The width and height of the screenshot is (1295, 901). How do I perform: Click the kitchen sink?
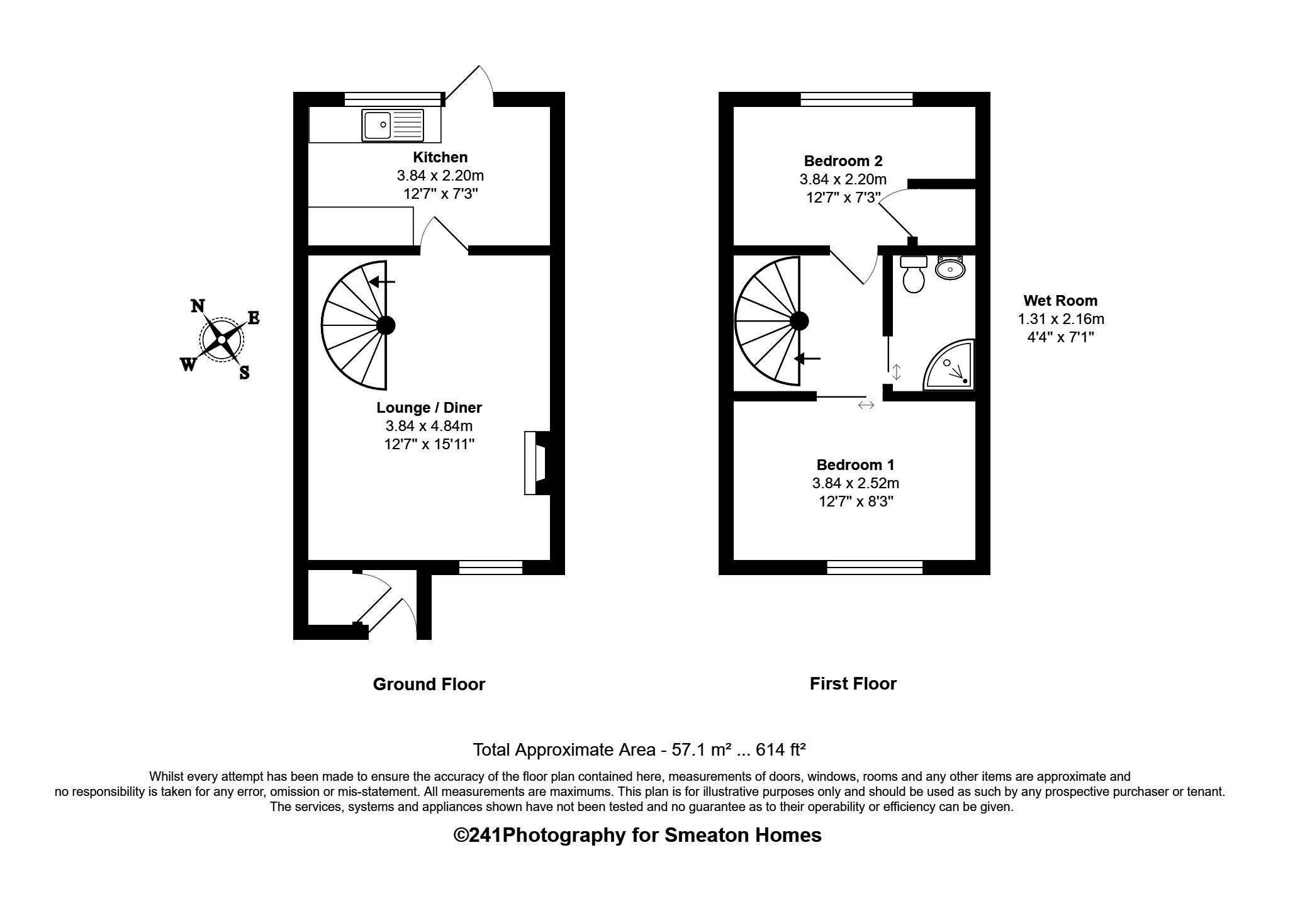pyautogui.click(x=393, y=125)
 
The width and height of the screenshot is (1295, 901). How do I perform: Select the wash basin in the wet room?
pyautogui.click(x=950, y=269)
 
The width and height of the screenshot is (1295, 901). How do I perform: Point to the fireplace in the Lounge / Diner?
pyautogui.click(x=536, y=463)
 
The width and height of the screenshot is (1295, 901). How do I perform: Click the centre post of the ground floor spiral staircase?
pyautogui.click(x=386, y=325)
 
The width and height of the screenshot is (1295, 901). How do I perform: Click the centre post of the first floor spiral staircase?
pyautogui.click(x=799, y=321)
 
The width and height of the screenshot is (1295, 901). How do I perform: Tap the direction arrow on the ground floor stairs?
pyautogui.click(x=381, y=282)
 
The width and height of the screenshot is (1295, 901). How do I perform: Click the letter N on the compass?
pyautogui.click(x=198, y=306)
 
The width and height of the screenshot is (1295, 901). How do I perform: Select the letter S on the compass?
pyautogui.click(x=244, y=373)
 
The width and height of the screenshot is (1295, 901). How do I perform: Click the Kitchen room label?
pyautogui.click(x=440, y=157)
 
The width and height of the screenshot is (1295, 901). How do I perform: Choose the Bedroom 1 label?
pyautogui.click(x=855, y=465)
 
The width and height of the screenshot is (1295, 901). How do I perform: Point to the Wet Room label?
pyautogui.click(x=1060, y=301)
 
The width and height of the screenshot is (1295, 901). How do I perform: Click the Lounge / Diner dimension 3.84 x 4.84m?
pyautogui.click(x=429, y=426)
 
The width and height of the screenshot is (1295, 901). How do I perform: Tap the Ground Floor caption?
pyautogui.click(x=429, y=685)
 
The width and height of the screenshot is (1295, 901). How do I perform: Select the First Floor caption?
pyautogui.click(x=853, y=684)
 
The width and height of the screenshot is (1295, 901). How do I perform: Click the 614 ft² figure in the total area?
pyautogui.click(x=780, y=750)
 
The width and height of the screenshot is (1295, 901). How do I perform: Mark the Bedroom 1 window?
pyautogui.click(x=875, y=568)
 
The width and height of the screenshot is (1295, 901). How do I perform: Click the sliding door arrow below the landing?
pyautogui.click(x=866, y=406)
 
